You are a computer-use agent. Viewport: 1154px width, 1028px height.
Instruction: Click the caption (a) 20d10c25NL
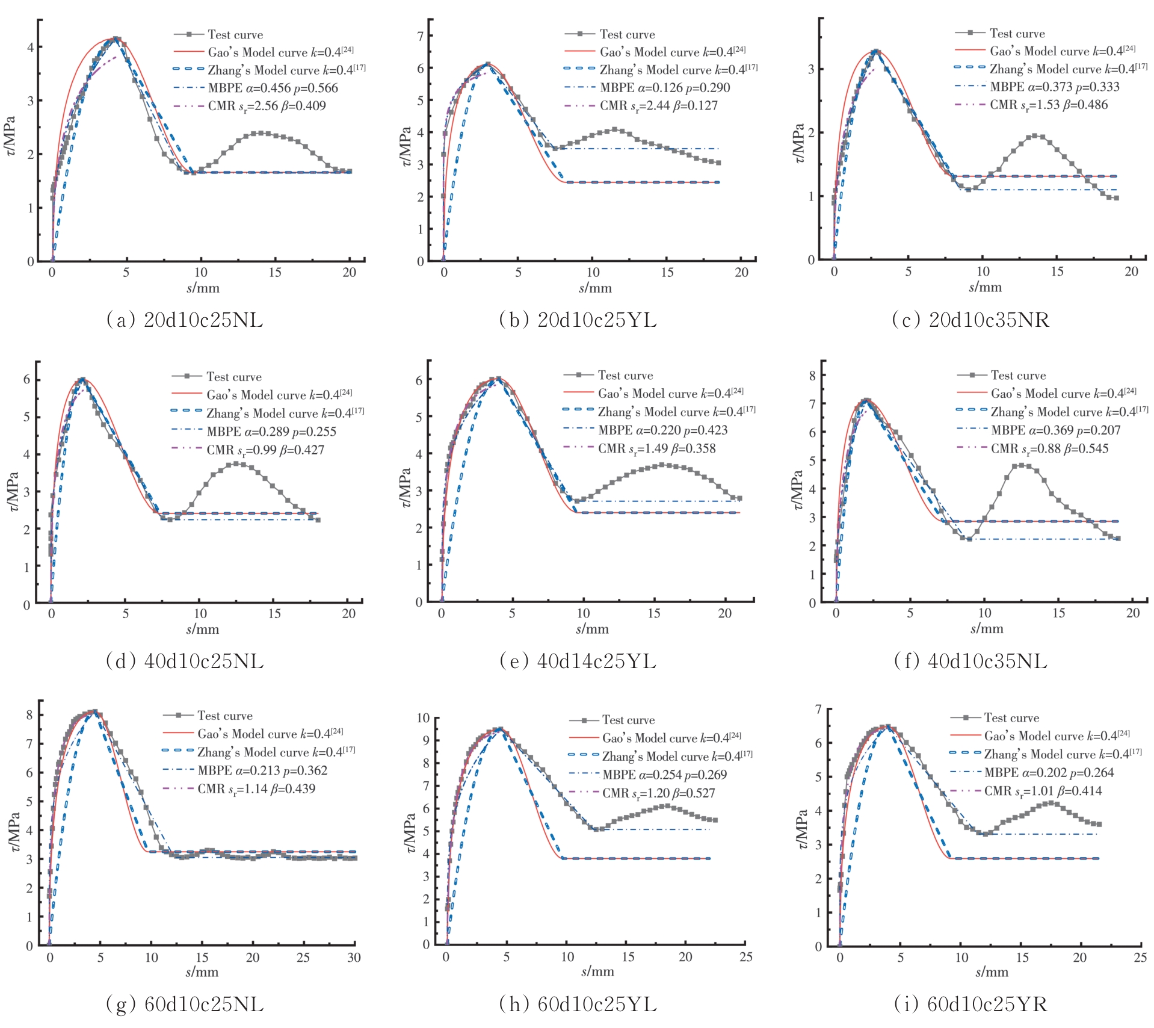coord(185,320)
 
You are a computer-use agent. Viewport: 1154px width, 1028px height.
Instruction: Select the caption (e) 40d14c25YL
coord(578,661)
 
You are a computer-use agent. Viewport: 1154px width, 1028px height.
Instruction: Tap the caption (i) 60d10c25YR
coord(970,1003)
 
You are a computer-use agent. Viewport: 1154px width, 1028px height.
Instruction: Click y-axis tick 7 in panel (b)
coord(421,36)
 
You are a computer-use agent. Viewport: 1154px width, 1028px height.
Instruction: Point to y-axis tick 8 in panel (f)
coord(812,376)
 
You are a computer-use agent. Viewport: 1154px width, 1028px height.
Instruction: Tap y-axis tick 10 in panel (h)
coord(423,718)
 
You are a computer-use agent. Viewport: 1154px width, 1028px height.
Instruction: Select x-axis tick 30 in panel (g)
coord(354,958)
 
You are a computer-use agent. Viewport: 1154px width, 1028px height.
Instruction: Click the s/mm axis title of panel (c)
coord(985,287)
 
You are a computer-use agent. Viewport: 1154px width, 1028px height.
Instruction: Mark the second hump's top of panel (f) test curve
coord(1021,465)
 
